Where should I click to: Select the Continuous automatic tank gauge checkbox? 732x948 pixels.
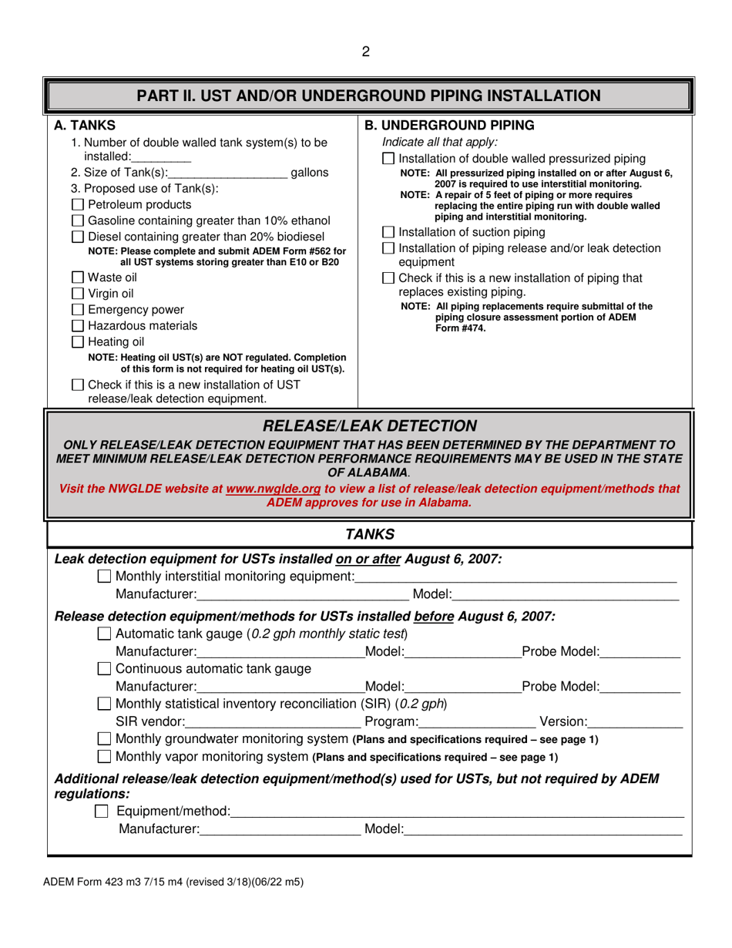(x=106, y=667)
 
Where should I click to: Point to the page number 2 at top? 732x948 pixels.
(x=366, y=52)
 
